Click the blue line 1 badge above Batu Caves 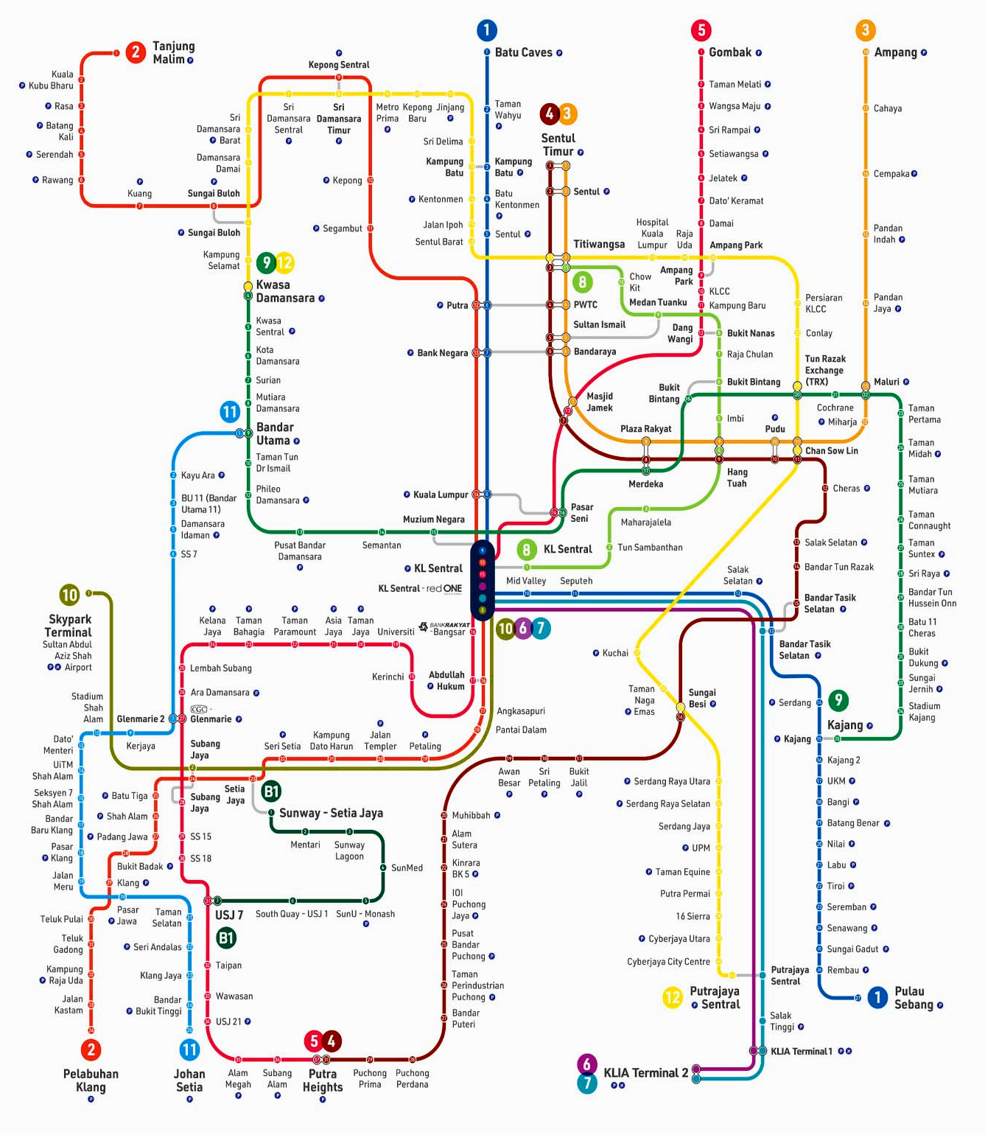click(487, 30)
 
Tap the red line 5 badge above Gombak click(701, 30)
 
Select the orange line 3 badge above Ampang click(865, 30)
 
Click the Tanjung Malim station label click(173, 53)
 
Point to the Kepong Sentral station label click(339, 64)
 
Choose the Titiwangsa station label click(599, 244)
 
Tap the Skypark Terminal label click(69, 626)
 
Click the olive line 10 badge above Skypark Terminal click(70, 595)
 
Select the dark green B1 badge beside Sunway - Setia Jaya click(271, 791)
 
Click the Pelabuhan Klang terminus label click(91, 1080)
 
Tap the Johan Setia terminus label click(189, 1080)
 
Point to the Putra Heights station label click(323, 1080)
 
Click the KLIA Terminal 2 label click(646, 1072)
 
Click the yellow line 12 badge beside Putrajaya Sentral click(673, 997)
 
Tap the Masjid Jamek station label click(600, 402)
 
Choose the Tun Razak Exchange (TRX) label click(825, 370)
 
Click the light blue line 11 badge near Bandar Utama click(230, 411)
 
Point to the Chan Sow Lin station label click(832, 450)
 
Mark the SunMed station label click(407, 867)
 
